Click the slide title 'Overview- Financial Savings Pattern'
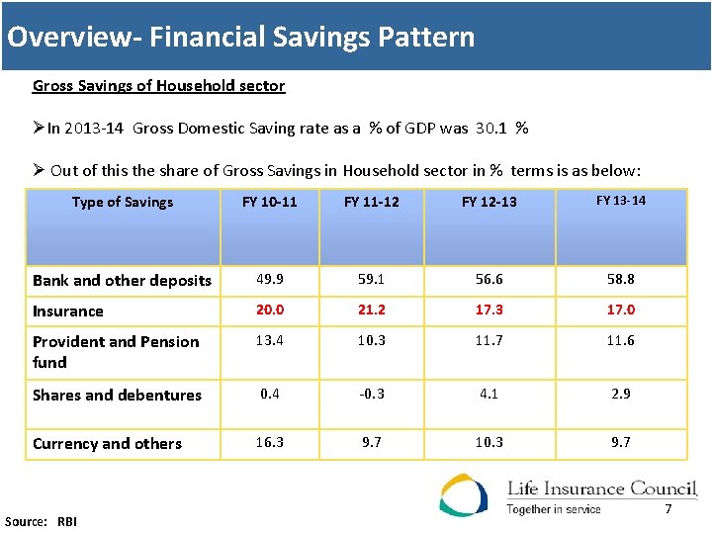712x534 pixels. [240, 38]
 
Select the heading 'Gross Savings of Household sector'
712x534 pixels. [158, 86]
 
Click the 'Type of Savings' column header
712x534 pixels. [123, 202]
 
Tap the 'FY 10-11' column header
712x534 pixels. [269, 202]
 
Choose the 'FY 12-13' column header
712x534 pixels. [489, 202]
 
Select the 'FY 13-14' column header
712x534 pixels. [620, 201]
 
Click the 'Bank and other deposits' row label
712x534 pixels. [122, 280]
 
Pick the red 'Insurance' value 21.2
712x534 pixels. [371, 310]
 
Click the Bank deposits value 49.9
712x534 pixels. [269, 279]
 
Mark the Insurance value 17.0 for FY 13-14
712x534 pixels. [620, 310]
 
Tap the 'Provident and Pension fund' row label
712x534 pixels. [116, 351]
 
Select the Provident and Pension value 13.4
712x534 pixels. [269, 340]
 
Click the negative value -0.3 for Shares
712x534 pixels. [371, 394]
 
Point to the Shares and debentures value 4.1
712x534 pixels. [489, 394]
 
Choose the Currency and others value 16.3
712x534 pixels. [269, 442]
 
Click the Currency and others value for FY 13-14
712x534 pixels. [620, 442]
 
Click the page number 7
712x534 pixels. [668, 509]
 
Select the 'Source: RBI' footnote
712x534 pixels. [41, 521]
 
